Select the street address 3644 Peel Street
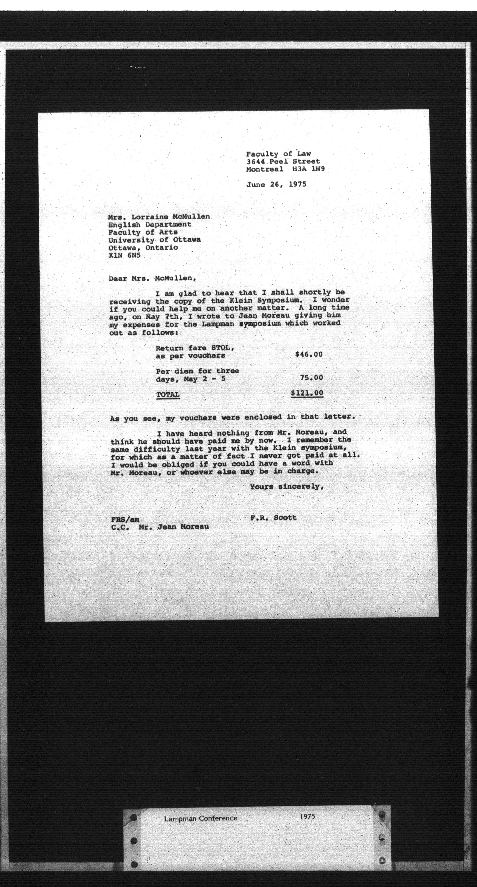pyautogui.click(x=283, y=161)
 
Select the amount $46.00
pyautogui.click(x=309, y=354)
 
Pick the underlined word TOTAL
pyautogui.click(x=168, y=395)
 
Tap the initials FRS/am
pyautogui.click(x=125, y=519)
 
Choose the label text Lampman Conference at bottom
pyautogui.click(x=201, y=818)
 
